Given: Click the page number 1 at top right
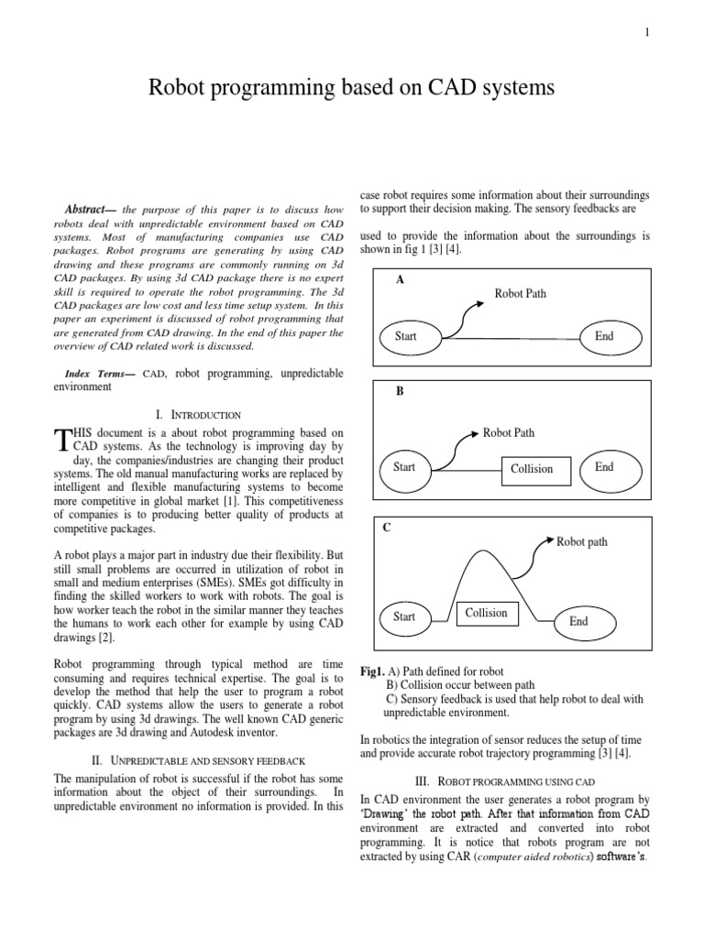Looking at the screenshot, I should coord(647,32).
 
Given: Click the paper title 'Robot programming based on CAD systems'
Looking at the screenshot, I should coord(351,88).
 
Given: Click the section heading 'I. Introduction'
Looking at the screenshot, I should coord(199,415).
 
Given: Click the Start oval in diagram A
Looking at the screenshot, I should coord(405,336).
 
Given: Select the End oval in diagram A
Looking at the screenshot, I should coord(604,336).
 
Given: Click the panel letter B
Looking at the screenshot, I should coord(400,391).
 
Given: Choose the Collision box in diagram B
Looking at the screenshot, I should coord(532,469).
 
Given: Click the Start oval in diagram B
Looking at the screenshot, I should coord(404,467).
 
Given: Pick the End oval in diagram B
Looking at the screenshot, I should coord(604,467).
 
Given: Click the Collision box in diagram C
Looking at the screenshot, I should coord(486,612).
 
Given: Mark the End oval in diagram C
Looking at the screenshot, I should coord(578,621).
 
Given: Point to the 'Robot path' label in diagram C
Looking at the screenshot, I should coord(582,541).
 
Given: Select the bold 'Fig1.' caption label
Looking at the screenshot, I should coord(372,672).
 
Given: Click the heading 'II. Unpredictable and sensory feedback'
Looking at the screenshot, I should coord(199,760).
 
